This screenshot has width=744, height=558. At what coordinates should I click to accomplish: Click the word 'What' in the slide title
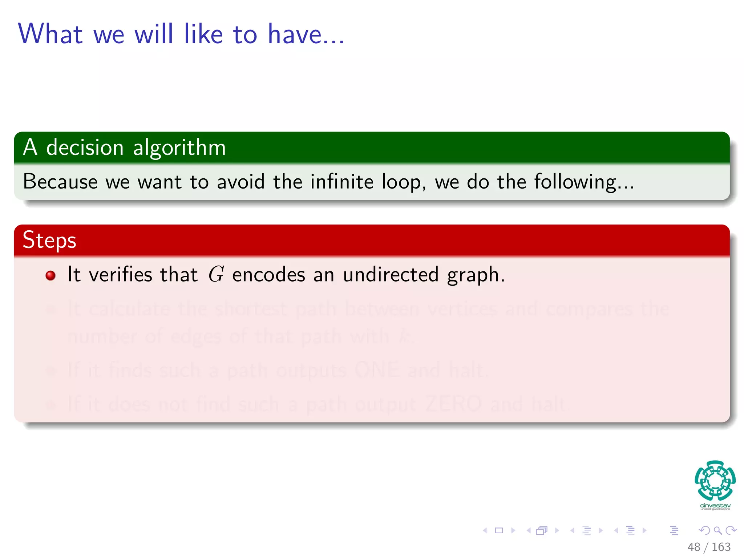pyautogui.click(x=50, y=34)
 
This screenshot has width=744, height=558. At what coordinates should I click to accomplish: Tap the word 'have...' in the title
pyautogui.click(x=306, y=34)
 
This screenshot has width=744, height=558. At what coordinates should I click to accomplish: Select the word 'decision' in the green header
pyautogui.click(x=85, y=147)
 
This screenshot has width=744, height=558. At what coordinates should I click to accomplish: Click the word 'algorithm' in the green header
pyautogui.click(x=179, y=147)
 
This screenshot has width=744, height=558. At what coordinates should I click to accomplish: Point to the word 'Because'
pyautogui.click(x=60, y=181)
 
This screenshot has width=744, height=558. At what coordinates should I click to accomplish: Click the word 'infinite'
pyautogui.click(x=342, y=181)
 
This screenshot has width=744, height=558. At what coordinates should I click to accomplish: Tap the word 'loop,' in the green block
pyautogui.click(x=404, y=182)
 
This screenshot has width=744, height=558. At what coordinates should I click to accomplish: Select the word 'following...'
pyautogui.click(x=584, y=182)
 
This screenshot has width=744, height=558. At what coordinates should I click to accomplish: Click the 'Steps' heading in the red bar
pyautogui.click(x=49, y=240)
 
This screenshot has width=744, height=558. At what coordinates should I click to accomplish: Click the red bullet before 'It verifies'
pyautogui.click(x=50, y=275)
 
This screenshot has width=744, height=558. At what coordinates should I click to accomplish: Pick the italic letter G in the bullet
pyautogui.click(x=216, y=274)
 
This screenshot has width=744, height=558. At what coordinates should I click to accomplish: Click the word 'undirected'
pyautogui.click(x=391, y=274)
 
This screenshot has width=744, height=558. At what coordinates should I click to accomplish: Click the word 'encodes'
pyautogui.click(x=268, y=274)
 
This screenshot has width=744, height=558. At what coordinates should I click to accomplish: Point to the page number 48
pyautogui.click(x=694, y=547)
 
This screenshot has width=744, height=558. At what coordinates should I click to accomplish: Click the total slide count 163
pyautogui.click(x=721, y=547)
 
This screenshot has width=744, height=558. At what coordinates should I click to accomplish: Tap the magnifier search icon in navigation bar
pyautogui.click(x=717, y=530)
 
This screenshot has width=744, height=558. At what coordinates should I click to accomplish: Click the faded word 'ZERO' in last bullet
pyautogui.click(x=453, y=404)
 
